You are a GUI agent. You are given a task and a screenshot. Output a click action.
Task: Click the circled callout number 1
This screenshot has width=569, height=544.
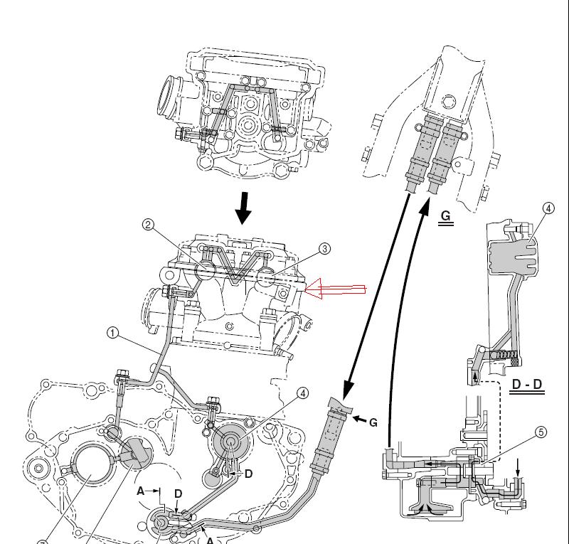click(112, 331)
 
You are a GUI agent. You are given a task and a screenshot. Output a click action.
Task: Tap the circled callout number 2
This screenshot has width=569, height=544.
click(147, 225)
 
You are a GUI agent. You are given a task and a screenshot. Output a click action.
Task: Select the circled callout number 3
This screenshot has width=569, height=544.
click(324, 249)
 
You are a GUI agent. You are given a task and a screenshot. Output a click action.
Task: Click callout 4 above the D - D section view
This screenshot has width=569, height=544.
click(548, 208)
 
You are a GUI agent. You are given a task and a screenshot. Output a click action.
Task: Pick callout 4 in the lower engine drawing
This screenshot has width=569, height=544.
click(302, 393)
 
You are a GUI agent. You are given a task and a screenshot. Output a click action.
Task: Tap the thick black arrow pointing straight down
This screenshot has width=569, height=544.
click(244, 207)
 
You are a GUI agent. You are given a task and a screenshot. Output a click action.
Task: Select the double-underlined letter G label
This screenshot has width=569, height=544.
click(446, 215)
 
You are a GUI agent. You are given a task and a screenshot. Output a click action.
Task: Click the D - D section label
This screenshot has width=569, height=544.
click(527, 385)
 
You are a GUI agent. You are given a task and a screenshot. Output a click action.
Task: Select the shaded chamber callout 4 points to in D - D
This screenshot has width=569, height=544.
click(511, 252)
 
